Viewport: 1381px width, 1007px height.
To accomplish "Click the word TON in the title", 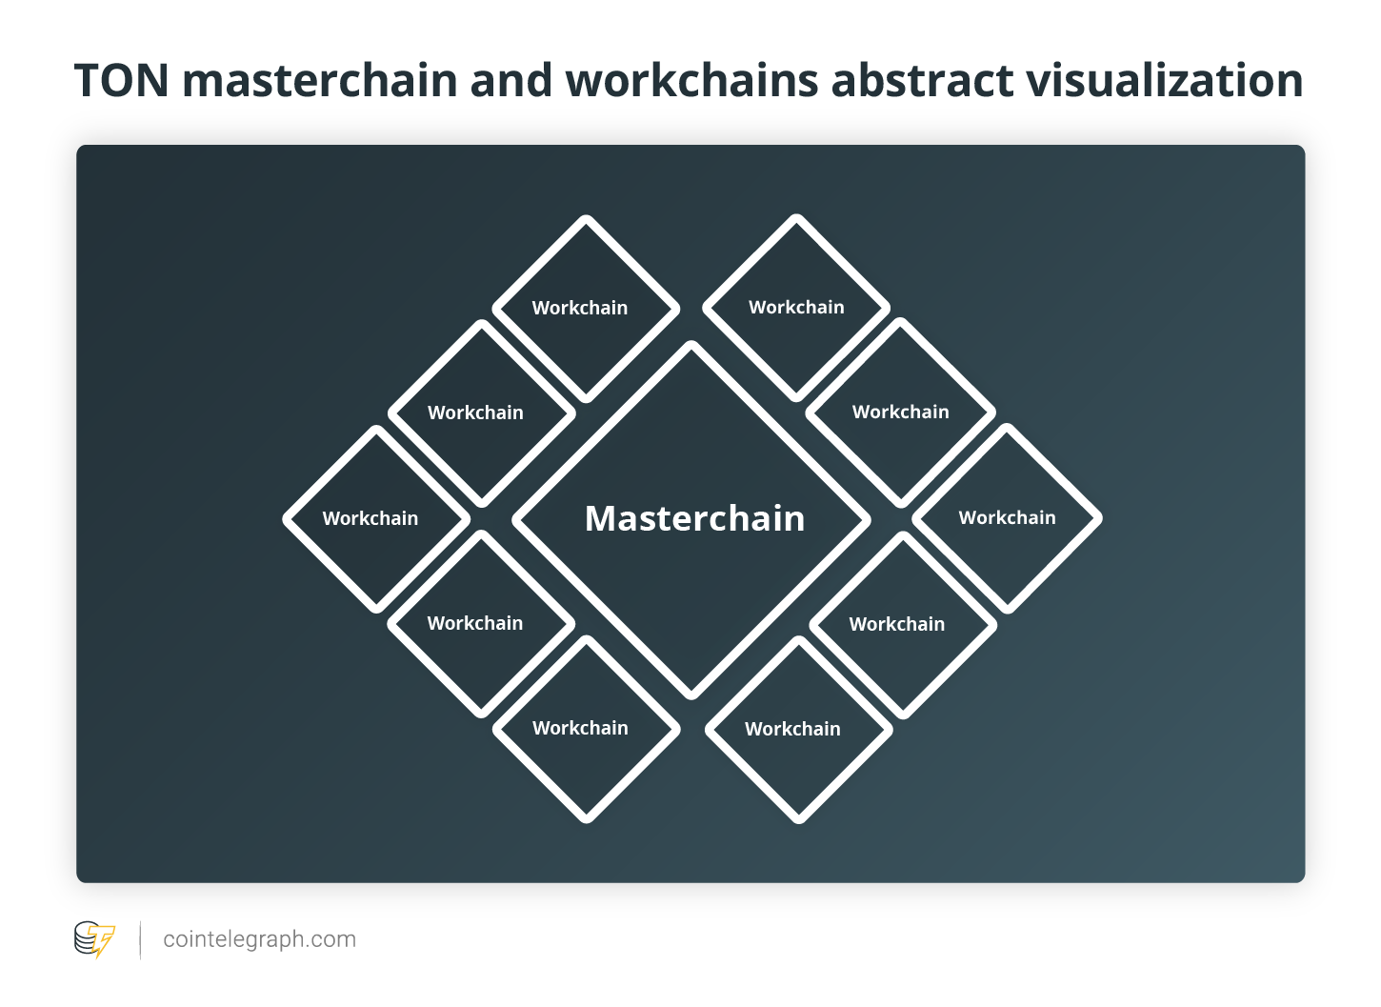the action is (x=122, y=80).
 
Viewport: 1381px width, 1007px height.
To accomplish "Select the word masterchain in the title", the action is (x=320, y=80).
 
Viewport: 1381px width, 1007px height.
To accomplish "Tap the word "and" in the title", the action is (x=511, y=80).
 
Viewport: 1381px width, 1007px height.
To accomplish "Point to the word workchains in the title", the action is (x=691, y=80).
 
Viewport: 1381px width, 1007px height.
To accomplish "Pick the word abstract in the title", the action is (x=922, y=80).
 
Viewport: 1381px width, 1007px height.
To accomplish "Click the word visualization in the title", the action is (x=1165, y=80).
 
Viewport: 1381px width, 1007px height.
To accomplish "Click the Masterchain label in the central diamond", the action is (x=695, y=518).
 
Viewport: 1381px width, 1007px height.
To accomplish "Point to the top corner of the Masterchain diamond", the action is (x=691, y=344).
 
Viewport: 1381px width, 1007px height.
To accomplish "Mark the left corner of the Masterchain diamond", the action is (x=515, y=520).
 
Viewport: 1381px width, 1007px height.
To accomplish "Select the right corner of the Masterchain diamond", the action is (x=868, y=520).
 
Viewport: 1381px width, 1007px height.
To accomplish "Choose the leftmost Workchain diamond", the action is (x=376, y=518).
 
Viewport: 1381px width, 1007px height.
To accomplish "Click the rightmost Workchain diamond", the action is (x=1008, y=518).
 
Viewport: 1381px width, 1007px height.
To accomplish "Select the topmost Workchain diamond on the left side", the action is (x=586, y=309).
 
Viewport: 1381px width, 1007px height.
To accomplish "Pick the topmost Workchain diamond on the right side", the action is (x=796, y=308).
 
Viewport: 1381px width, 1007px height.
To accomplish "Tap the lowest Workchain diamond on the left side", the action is (x=587, y=730).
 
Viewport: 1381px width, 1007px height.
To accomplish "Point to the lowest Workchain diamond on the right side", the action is (x=798, y=730).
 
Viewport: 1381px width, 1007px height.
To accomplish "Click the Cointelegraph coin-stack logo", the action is (x=94, y=939).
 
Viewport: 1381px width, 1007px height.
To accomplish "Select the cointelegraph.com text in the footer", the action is (x=260, y=939).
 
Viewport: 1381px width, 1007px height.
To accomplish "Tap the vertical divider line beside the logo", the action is (x=141, y=939).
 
